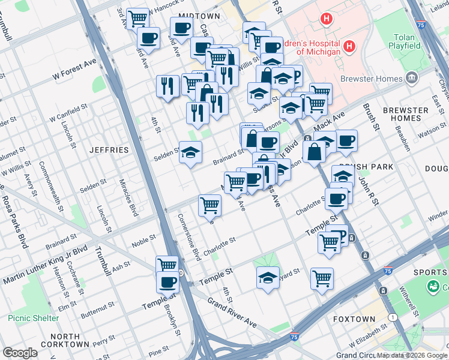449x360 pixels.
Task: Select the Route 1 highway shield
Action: point(393,316)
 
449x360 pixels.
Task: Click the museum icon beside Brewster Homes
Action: point(412,77)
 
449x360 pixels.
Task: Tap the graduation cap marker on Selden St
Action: point(190,152)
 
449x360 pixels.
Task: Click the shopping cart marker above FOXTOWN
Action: point(322,278)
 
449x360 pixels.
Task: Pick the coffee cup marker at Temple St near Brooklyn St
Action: point(167,281)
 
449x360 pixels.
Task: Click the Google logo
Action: point(20,352)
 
